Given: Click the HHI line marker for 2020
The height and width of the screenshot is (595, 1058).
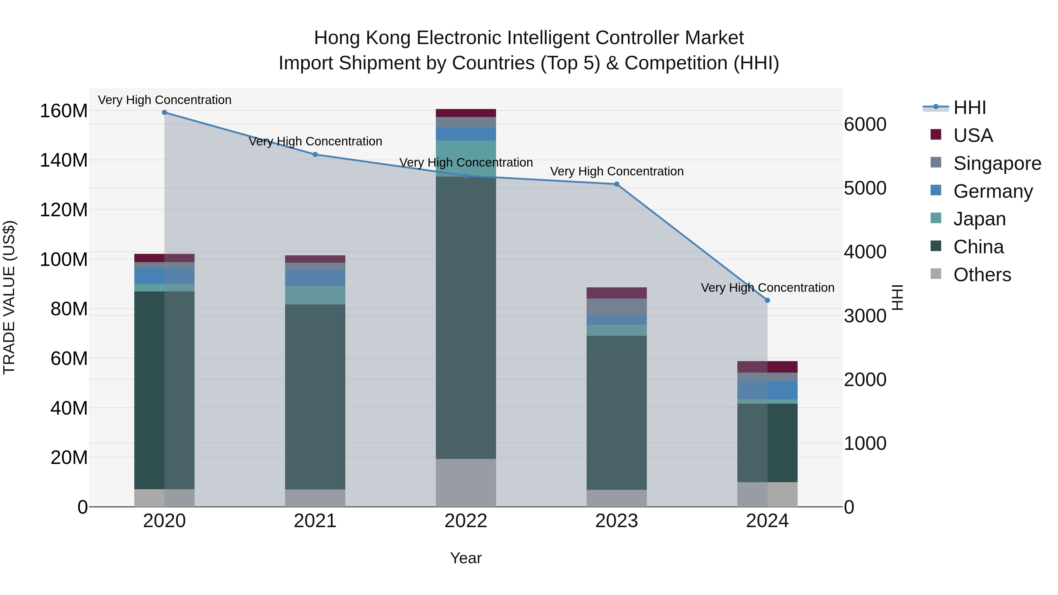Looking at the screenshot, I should click(164, 113).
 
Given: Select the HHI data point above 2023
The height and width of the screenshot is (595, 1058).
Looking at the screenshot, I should click(617, 184).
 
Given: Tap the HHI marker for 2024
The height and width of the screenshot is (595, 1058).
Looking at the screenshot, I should click(767, 301).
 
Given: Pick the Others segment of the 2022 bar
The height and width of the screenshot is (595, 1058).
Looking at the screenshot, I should click(466, 483).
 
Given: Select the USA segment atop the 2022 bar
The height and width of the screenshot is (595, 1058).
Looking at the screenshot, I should click(466, 113).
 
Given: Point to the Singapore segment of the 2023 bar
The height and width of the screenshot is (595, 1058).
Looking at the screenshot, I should click(617, 307).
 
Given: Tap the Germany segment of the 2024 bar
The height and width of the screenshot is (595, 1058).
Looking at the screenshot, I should click(767, 390).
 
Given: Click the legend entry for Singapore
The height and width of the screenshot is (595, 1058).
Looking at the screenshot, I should click(997, 163).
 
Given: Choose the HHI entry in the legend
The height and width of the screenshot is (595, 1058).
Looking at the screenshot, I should click(969, 108).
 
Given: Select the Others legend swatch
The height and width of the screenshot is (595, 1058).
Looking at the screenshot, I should click(936, 274).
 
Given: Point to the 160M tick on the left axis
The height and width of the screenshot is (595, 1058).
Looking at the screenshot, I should click(64, 111).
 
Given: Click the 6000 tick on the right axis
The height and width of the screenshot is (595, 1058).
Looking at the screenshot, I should click(865, 124).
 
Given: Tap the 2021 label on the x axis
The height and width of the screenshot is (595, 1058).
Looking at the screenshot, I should click(315, 521).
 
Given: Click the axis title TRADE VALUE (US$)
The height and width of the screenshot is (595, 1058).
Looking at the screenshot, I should click(9, 297).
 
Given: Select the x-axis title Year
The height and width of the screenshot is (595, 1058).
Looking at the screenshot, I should click(466, 558).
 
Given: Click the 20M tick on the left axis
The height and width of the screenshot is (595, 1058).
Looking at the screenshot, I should click(69, 457).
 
